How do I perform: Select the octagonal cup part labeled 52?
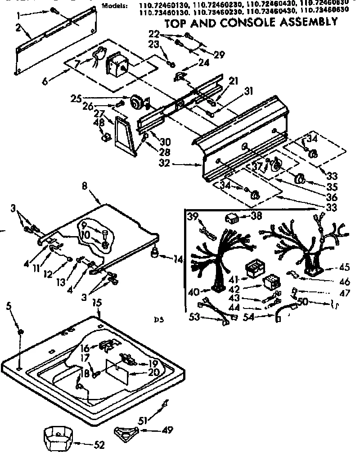[58, 436]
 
